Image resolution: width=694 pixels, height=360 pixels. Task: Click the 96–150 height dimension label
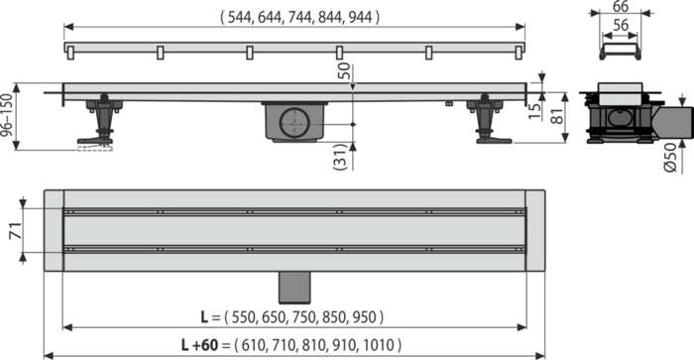coord(7,115)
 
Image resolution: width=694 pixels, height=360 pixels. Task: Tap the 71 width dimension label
coord(16,231)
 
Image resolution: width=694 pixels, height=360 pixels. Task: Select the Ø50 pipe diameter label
coord(671,158)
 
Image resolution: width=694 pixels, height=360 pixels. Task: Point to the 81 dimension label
coord(558,116)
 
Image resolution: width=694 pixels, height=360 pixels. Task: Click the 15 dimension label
coord(535,111)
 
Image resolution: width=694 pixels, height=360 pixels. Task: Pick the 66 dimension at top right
coord(621,6)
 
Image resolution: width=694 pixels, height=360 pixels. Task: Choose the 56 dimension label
coord(621,25)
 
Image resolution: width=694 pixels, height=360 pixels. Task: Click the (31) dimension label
coord(340,157)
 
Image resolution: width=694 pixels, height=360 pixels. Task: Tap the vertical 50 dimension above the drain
coord(343,71)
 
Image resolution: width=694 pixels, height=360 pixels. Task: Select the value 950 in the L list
coord(364,317)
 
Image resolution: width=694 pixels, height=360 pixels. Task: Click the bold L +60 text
coord(199,344)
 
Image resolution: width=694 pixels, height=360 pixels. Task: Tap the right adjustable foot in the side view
coord(489,119)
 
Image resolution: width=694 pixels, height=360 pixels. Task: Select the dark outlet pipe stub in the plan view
coord(294,288)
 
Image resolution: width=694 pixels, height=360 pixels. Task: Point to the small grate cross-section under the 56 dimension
coord(620,52)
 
